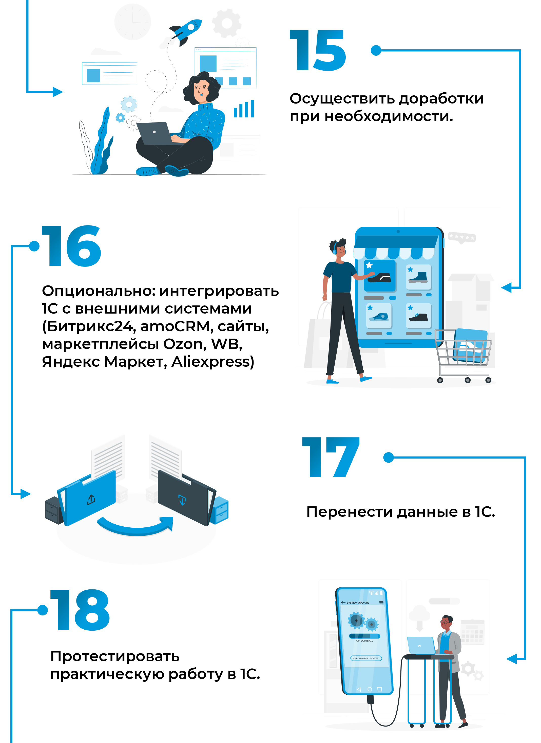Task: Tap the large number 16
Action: tap(71, 246)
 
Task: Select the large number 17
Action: tap(331, 457)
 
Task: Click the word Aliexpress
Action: tap(212, 362)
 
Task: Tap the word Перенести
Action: tap(350, 512)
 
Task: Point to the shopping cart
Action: tap(463, 356)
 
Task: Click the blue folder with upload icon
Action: tap(87, 498)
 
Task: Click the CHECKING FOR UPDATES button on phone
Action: tap(366, 658)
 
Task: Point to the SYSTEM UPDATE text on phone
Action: tap(357, 603)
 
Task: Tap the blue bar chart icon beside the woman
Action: tap(244, 109)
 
